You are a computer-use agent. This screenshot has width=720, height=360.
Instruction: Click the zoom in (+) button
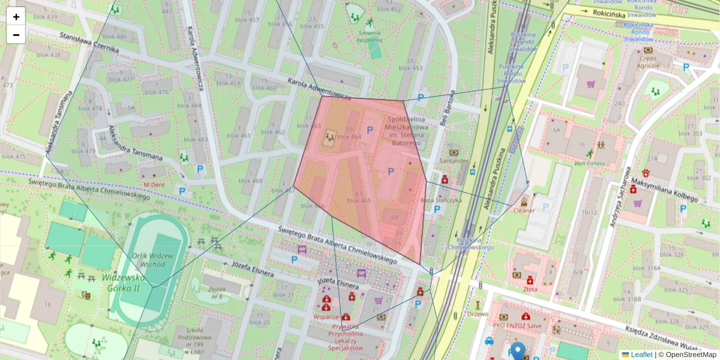click(16, 17)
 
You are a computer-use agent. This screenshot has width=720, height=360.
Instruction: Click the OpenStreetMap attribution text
click(691, 355)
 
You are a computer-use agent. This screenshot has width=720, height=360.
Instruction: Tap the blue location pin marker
click(517, 351)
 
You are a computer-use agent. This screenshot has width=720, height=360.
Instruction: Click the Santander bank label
click(454, 161)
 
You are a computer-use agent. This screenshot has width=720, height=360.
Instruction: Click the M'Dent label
click(154, 185)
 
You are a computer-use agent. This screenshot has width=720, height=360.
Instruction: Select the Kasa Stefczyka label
click(441, 200)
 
